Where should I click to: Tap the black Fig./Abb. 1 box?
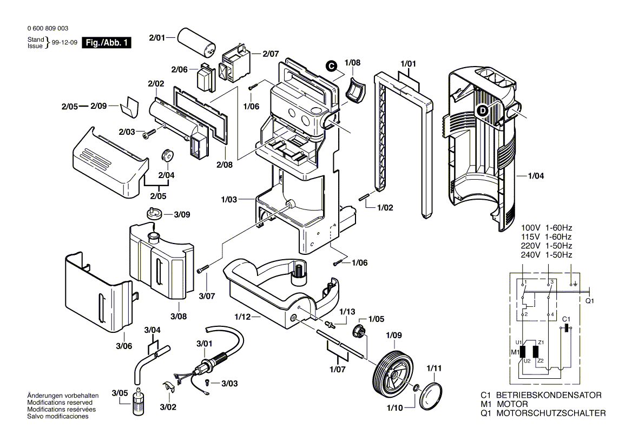click(x=106, y=43)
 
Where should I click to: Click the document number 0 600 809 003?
click(x=48, y=28)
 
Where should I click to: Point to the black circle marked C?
click(x=330, y=65)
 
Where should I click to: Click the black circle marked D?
click(x=483, y=111)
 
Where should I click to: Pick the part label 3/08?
click(x=178, y=316)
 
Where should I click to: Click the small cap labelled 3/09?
click(x=154, y=212)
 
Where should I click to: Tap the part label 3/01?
click(x=205, y=344)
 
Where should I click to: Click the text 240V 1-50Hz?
click(x=546, y=254)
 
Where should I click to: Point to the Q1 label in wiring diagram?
click(x=590, y=300)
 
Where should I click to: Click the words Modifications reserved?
click(x=60, y=403)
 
